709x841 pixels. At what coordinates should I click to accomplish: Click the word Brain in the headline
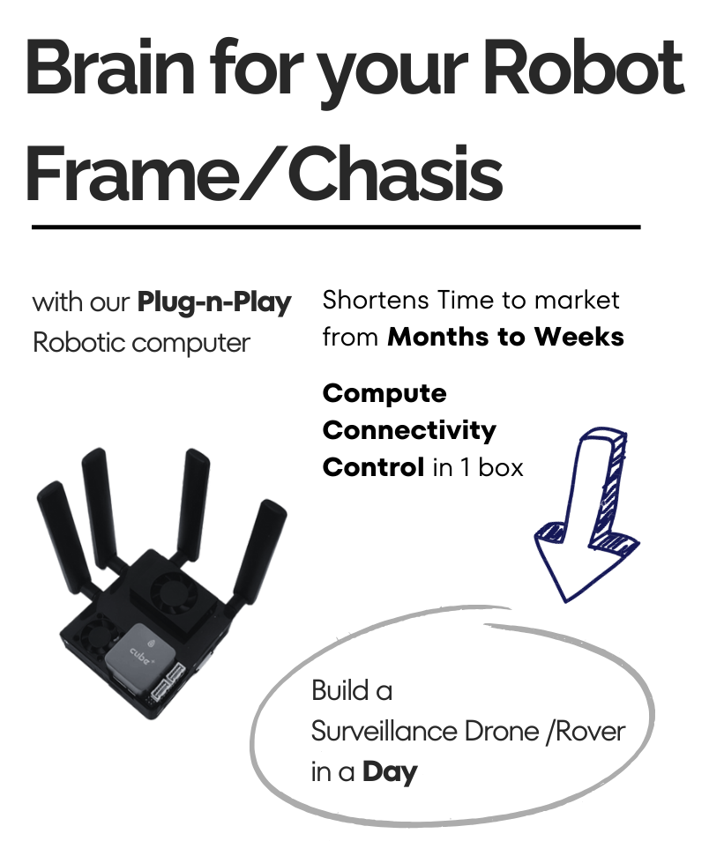point(109,68)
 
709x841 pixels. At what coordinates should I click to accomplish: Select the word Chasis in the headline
point(396,175)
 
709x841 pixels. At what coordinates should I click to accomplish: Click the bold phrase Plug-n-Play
point(214,303)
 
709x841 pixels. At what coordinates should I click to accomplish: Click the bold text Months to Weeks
point(505,337)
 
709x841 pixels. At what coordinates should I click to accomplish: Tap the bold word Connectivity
point(409,431)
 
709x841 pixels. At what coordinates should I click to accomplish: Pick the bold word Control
point(374,467)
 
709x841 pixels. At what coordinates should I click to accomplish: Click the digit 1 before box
point(466,468)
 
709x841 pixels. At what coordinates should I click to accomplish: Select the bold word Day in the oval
point(390,773)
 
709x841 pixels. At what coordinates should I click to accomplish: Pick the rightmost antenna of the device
point(260,552)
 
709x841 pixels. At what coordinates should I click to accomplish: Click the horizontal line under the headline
point(336,227)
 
